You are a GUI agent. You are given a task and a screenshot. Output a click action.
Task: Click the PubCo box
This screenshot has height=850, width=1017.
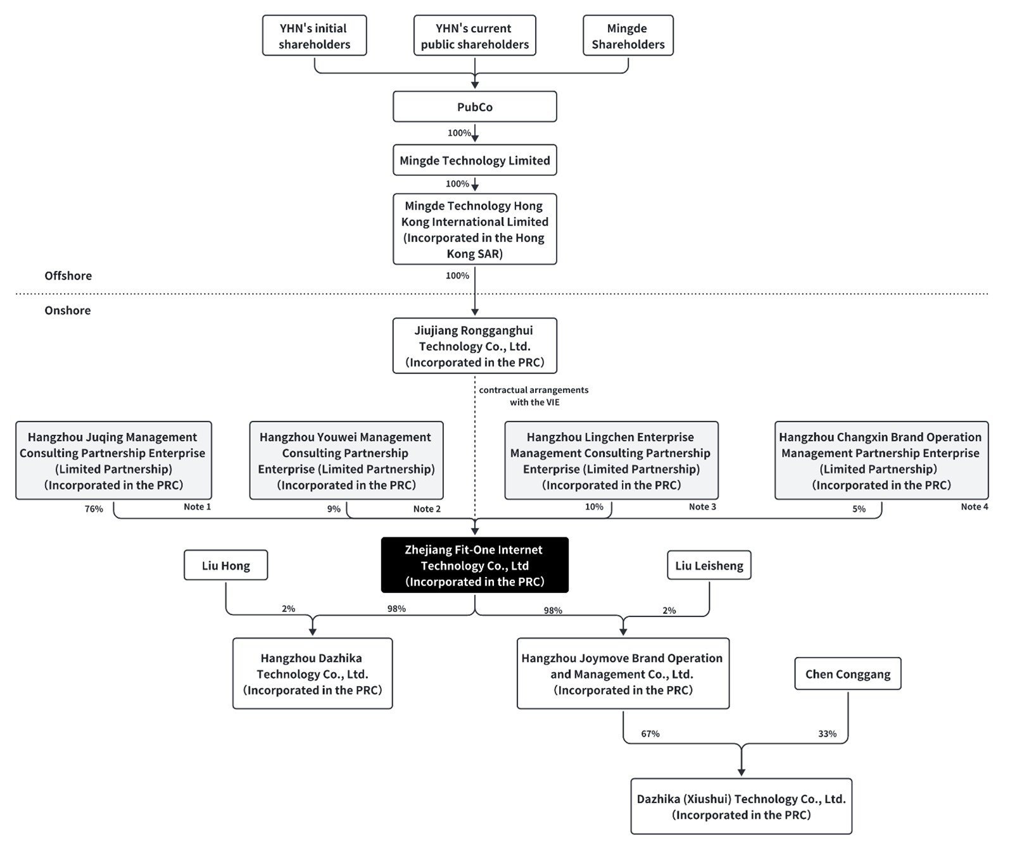[x=475, y=106]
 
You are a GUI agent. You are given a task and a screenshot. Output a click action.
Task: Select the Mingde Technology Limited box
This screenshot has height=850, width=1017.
[x=475, y=160]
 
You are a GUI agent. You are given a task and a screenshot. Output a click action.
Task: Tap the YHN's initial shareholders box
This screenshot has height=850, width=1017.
[x=315, y=35]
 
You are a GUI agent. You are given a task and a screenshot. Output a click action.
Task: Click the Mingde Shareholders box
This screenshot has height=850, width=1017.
[x=628, y=35]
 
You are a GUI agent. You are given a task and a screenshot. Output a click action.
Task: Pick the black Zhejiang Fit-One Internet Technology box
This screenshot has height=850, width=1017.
[x=475, y=565]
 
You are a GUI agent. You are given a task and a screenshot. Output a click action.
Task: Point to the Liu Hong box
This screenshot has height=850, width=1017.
[x=226, y=565]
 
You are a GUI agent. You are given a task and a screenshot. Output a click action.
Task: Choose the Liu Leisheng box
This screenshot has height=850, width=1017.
[x=709, y=565]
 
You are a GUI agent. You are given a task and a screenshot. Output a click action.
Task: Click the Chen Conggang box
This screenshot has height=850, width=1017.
[x=848, y=674]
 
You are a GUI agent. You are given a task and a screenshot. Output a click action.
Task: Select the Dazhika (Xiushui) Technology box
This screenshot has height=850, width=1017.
[x=742, y=806]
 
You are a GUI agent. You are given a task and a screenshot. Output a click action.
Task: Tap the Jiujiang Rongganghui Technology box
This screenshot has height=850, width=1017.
[x=475, y=346]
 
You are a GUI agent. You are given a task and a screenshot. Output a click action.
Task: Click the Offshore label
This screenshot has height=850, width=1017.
[x=68, y=275]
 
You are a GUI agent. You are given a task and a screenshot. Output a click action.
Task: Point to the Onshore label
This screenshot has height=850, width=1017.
[x=68, y=310]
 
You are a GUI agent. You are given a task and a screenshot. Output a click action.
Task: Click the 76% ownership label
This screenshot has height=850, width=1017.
[x=94, y=509]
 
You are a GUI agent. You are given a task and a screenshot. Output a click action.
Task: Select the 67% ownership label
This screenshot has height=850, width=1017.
[x=650, y=734]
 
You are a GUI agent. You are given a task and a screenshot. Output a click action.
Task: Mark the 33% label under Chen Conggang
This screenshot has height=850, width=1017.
[x=827, y=734]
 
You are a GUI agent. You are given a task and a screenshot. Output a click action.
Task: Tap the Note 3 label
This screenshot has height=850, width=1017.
[x=702, y=506]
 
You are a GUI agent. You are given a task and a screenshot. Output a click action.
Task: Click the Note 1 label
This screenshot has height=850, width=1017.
[x=197, y=506]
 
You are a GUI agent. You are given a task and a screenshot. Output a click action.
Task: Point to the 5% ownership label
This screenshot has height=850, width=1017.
[x=859, y=509]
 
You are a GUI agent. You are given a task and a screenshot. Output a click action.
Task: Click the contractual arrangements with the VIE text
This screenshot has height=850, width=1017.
[x=534, y=396]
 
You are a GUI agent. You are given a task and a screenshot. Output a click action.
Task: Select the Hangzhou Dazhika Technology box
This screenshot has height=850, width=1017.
[x=313, y=673]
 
